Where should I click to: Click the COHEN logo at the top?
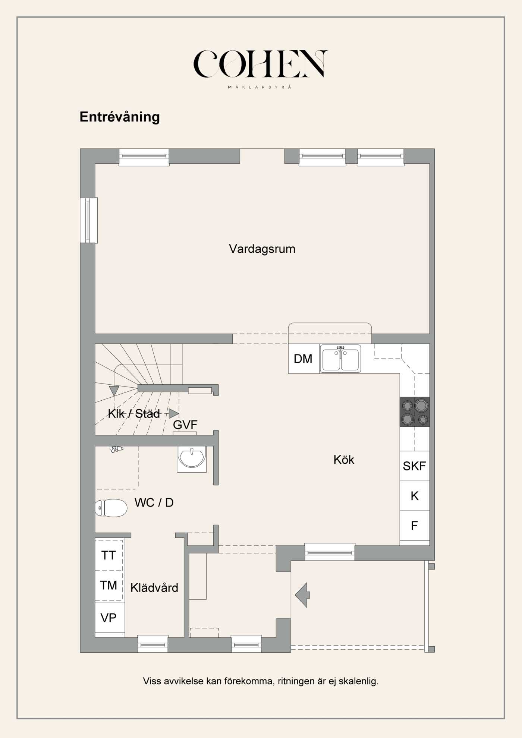260,64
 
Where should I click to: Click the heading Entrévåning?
120,117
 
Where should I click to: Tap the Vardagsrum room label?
262,249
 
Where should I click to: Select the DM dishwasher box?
303,359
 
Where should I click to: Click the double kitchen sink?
340,359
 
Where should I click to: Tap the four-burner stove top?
415,412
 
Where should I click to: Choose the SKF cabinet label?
414,466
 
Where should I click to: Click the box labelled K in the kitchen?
414,496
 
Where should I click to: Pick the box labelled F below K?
414,526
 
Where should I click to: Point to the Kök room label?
344,460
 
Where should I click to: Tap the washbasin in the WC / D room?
192,458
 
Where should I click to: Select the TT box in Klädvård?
109,555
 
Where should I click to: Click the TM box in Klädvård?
109,585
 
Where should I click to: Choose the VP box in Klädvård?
109,618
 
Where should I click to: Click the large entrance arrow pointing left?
302,595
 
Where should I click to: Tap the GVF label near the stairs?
185,425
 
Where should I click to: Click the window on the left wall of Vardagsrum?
89,220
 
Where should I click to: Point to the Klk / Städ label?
134,413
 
